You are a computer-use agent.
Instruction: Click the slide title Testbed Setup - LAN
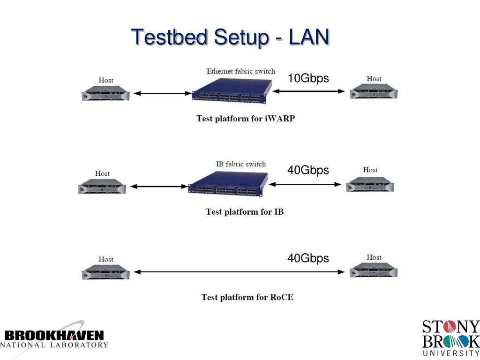coord(230,37)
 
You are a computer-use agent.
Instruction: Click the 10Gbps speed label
coord(308,78)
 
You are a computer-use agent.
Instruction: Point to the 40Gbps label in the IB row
coord(308,170)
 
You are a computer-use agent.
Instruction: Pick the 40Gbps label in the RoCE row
coord(308,258)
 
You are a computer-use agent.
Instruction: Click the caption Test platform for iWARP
coord(245,119)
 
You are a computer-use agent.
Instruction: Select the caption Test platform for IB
coord(244,211)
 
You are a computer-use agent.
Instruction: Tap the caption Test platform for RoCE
coord(247,297)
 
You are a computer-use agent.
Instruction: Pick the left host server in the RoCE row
coord(106,272)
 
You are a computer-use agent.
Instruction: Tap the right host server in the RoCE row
coord(374,270)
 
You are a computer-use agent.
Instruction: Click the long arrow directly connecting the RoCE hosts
coord(239,272)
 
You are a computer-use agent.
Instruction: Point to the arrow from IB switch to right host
coord(306,185)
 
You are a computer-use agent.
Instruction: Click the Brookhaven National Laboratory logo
coord(54,338)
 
